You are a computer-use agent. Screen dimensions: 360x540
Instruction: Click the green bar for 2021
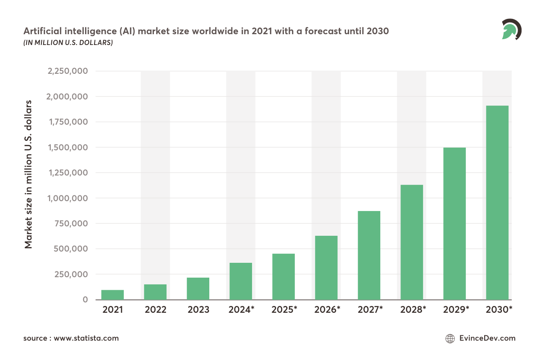[x=112, y=295]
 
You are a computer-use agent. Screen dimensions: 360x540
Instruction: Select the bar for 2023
[x=198, y=288]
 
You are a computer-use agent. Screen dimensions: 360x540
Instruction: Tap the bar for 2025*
[x=283, y=276]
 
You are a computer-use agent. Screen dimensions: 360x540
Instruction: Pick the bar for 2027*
[x=369, y=255]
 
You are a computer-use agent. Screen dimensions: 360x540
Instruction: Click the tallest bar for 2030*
[x=497, y=202]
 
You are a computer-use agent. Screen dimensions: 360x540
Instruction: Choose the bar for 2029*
[x=454, y=223]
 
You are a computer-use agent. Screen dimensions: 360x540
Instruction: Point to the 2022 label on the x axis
[x=155, y=310]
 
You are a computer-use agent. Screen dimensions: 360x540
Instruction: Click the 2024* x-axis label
[x=241, y=310]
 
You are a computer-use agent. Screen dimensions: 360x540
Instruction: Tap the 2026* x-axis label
[x=326, y=310]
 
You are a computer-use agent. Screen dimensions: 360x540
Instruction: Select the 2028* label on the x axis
[x=412, y=310]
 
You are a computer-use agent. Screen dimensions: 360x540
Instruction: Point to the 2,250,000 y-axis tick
[x=67, y=71]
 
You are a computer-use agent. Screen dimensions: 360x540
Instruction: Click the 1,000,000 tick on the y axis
[x=67, y=198]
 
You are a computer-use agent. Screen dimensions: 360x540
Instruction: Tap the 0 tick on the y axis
[x=85, y=300]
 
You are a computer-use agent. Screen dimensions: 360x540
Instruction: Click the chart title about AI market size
[x=206, y=32]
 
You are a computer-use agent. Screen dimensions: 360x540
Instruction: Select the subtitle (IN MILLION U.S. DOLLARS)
[x=68, y=43]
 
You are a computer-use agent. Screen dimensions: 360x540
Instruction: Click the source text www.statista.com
[x=71, y=338]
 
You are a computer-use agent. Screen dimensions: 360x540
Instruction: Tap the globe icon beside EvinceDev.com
[x=450, y=338]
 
